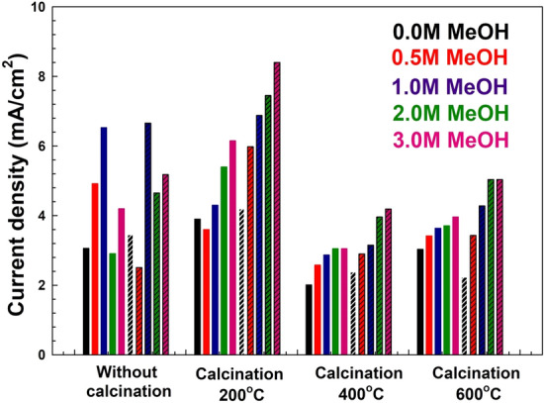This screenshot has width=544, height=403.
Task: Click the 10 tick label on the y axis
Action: click(37, 8)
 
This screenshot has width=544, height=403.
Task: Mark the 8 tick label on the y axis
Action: click(41, 77)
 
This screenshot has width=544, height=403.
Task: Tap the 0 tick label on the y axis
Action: click(41, 354)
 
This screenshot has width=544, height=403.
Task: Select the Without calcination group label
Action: click(130, 382)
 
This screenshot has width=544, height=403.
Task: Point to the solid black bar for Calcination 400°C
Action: click(309, 319)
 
